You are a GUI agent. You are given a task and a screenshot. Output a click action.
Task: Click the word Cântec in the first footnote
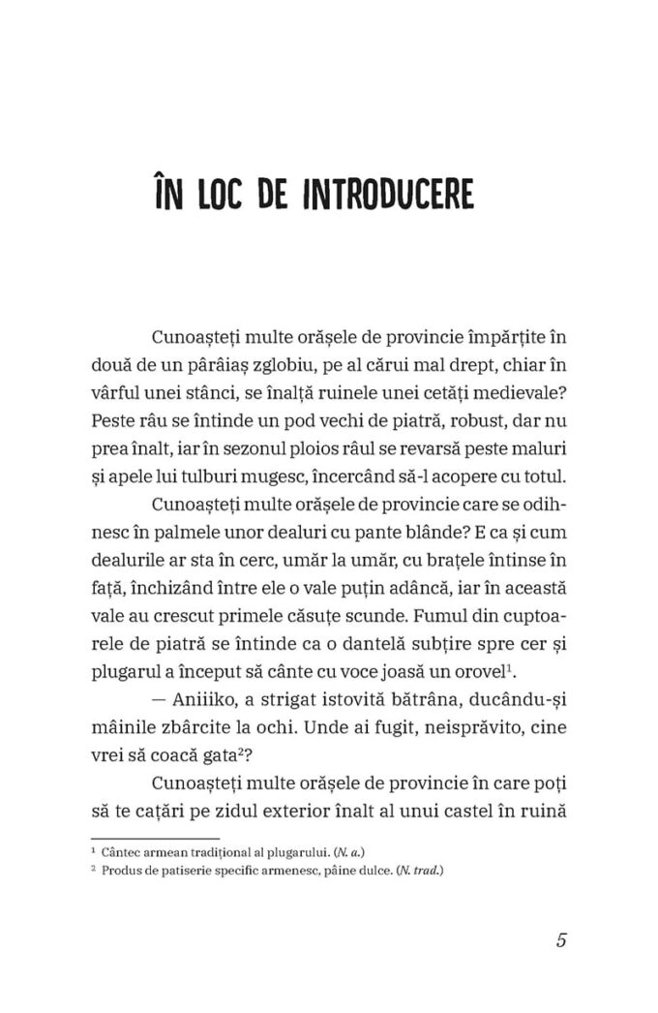(123, 850)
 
